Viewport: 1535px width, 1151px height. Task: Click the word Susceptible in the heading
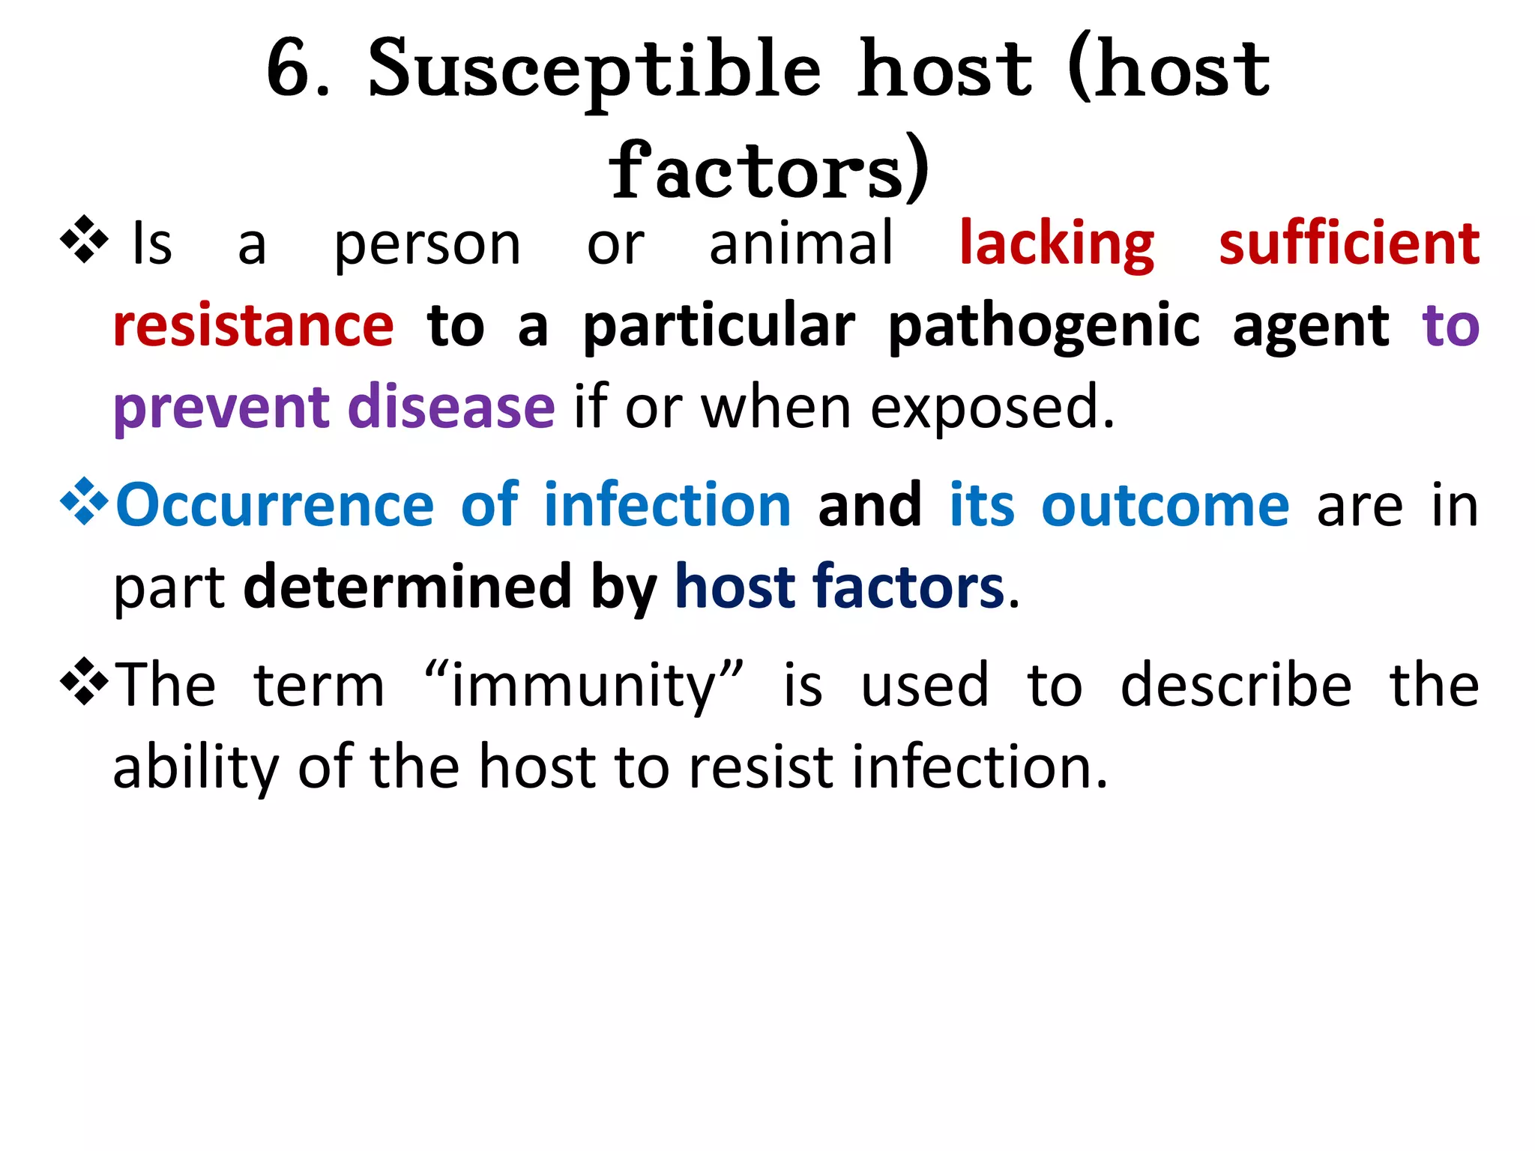point(594,71)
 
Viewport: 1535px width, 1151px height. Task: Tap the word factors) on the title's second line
point(769,171)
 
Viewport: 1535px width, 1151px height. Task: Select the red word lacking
point(1057,244)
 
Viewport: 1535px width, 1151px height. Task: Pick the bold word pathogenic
point(1044,327)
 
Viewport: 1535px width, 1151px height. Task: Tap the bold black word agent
point(1311,327)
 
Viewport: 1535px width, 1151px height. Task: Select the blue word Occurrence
point(275,505)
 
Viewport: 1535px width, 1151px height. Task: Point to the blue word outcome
point(1165,505)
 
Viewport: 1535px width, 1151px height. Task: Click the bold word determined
point(408,586)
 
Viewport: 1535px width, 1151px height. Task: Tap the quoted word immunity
point(585,686)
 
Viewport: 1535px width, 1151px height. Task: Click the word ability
point(195,767)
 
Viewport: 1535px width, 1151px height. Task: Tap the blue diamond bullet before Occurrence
point(84,501)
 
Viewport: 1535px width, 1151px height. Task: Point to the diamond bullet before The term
point(84,680)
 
